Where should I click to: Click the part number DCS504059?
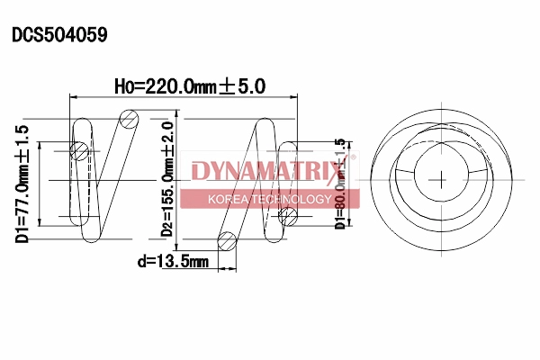pos(59,35)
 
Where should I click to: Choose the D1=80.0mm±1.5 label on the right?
pos(339,184)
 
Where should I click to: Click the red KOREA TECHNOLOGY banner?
pos(269,199)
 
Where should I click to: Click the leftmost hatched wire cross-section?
pos(80,151)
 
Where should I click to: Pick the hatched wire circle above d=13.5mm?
pos(227,240)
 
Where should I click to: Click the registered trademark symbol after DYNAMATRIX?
pos(353,158)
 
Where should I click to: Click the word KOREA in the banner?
pos(227,199)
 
